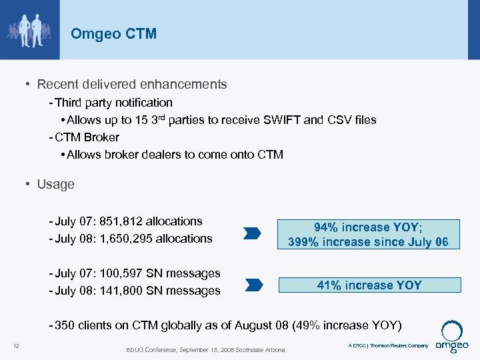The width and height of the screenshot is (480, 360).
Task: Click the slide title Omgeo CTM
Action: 113,33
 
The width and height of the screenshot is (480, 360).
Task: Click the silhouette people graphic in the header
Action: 31,30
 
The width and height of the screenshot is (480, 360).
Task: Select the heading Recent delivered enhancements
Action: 131,85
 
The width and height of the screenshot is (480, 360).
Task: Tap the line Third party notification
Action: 113,103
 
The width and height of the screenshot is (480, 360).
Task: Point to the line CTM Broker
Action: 87,137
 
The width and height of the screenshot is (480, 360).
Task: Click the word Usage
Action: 56,184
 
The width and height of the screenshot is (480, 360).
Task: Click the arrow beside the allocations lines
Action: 252,233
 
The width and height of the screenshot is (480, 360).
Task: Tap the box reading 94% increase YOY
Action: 368,227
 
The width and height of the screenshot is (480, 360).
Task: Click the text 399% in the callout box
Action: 303,241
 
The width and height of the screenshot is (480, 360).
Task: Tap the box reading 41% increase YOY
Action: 369,285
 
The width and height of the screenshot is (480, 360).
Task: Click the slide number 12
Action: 16,345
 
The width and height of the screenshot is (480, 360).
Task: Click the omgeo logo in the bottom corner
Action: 453,339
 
